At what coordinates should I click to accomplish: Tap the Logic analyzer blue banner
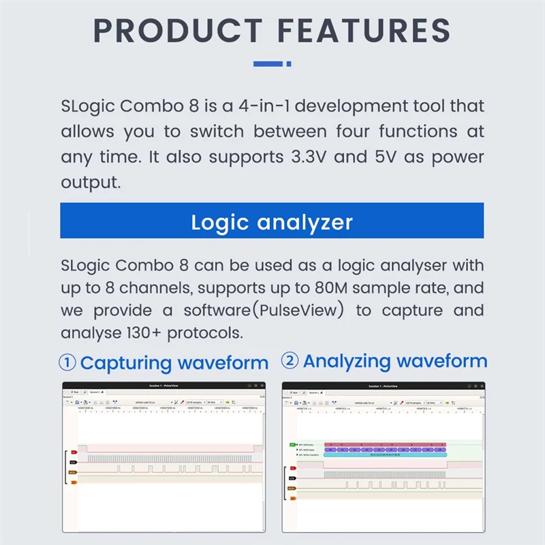[272, 221]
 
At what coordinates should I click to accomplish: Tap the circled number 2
[290, 361]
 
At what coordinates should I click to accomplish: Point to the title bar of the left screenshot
[163, 386]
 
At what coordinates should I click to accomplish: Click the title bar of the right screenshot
[384, 386]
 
